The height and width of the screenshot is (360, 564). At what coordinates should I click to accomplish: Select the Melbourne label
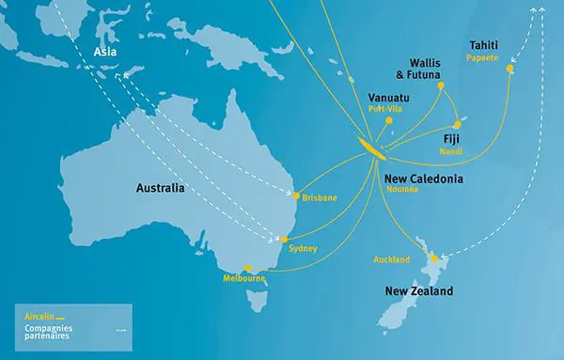(244, 279)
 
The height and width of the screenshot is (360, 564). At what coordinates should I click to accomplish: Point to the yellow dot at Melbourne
(246, 267)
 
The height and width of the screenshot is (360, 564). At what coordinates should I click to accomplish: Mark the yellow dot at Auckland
(432, 258)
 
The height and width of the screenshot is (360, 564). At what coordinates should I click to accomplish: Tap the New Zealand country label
(419, 291)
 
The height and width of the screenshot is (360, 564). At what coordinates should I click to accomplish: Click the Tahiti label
(486, 44)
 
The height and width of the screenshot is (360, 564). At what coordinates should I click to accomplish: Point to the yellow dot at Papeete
(510, 69)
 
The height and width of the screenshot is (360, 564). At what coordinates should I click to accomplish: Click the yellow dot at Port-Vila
(388, 122)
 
